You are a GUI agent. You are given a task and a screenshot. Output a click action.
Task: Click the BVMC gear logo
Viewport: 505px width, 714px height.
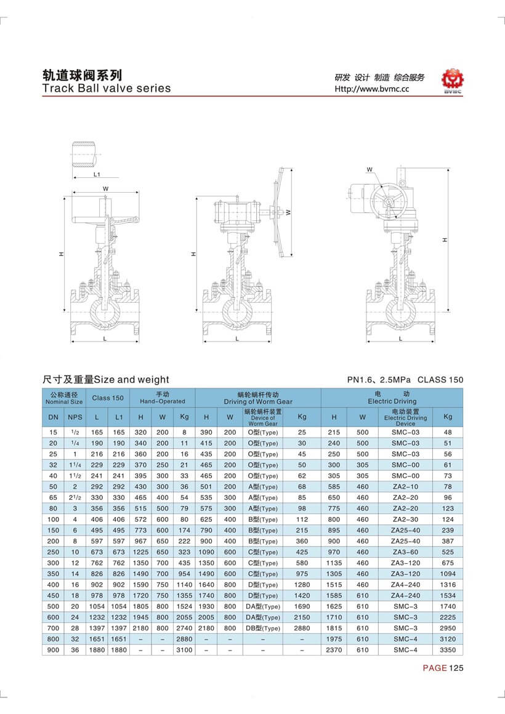coord(455,81)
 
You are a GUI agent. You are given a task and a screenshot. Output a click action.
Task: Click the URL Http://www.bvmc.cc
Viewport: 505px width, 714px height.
coord(371,89)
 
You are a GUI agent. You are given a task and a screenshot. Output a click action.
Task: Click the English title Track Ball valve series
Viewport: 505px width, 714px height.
coord(106,88)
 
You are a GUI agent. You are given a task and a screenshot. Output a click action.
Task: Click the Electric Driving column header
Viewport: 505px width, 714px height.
coord(392,397)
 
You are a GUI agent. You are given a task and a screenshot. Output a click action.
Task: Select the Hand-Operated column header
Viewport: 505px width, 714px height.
coord(162,397)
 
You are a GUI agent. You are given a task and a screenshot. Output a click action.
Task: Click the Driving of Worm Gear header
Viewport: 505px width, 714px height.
coord(257,397)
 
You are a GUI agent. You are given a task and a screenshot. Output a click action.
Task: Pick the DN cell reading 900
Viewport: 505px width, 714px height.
coord(53,650)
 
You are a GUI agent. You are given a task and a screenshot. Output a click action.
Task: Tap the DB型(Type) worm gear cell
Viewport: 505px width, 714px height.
coord(263,628)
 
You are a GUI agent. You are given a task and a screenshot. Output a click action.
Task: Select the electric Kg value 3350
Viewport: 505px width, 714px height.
coord(447,650)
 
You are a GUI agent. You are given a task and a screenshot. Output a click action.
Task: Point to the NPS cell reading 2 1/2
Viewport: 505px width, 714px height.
coord(75,497)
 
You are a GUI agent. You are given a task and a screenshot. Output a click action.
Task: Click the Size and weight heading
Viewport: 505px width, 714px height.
coord(105,380)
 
